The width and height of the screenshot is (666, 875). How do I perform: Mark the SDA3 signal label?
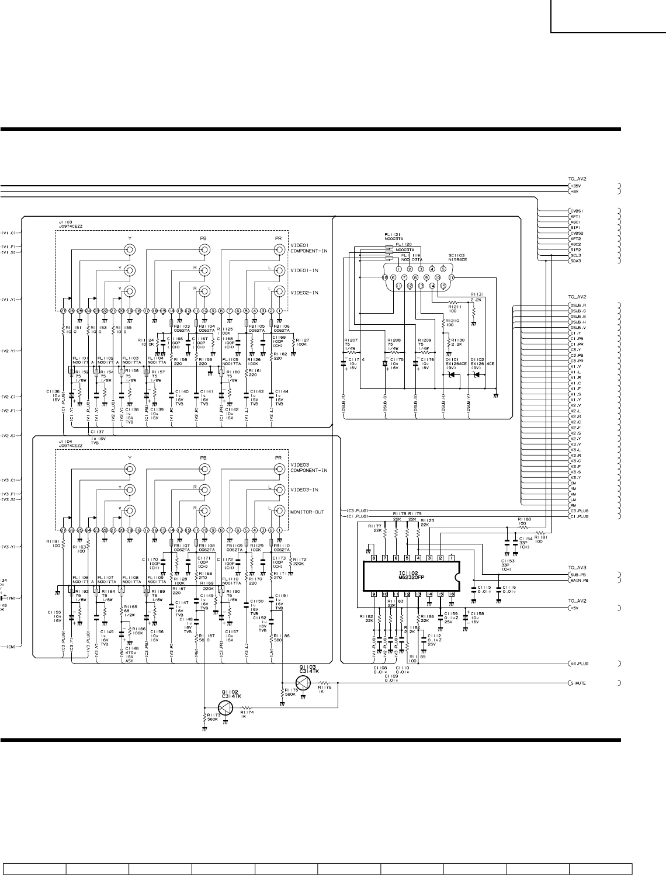coord(575,261)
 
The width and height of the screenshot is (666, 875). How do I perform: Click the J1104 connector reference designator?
coord(65,442)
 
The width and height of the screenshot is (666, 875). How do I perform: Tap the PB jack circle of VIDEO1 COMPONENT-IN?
coord(204,250)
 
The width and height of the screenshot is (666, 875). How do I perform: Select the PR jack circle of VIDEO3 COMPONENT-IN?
coord(279,469)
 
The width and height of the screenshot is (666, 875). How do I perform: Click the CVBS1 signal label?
coord(577,211)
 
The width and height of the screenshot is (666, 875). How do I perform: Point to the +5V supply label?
coord(575,607)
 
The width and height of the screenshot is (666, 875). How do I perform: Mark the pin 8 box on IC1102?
coord(374,557)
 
